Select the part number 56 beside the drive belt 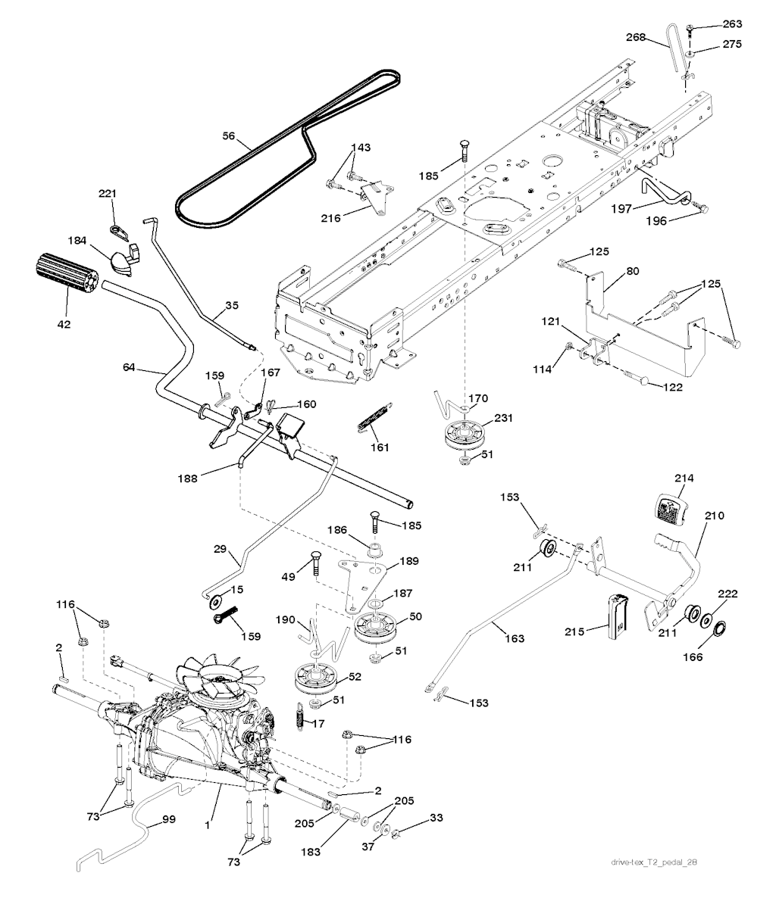(x=229, y=138)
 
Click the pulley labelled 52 (x=316, y=678)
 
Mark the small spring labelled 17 (x=299, y=714)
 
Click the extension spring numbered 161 (x=372, y=417)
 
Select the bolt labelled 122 (x=641, y=379)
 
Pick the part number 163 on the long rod (x=514, y=638)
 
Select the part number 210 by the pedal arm (x=714, y=516)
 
